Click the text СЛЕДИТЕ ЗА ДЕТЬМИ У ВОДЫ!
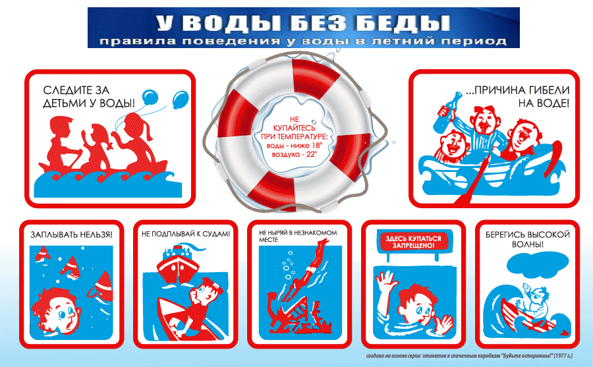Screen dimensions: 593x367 [x=89, y=96]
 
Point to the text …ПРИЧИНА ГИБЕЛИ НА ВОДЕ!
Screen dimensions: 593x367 [x=517, y=96]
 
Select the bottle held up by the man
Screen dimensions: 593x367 [x=448, y=113]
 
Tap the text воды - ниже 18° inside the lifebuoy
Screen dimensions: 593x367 [x=295, y=146]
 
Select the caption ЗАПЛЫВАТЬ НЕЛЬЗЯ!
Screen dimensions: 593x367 [x=71, y=235]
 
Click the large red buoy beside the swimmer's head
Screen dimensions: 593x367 [x=101, y=285]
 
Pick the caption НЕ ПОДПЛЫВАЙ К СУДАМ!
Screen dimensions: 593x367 [x=186, y=234]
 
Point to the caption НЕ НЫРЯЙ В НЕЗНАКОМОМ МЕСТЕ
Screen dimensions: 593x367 [x=298, y=236]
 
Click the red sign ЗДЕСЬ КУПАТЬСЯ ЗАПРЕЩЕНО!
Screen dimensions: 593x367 [x=413, y=242]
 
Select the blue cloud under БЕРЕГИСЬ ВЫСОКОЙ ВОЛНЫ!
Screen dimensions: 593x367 [x=538, y=264]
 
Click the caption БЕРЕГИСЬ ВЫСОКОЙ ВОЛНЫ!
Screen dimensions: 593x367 [x=528, y=239]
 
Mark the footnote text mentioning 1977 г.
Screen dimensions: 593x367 [x=469, y=356]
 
